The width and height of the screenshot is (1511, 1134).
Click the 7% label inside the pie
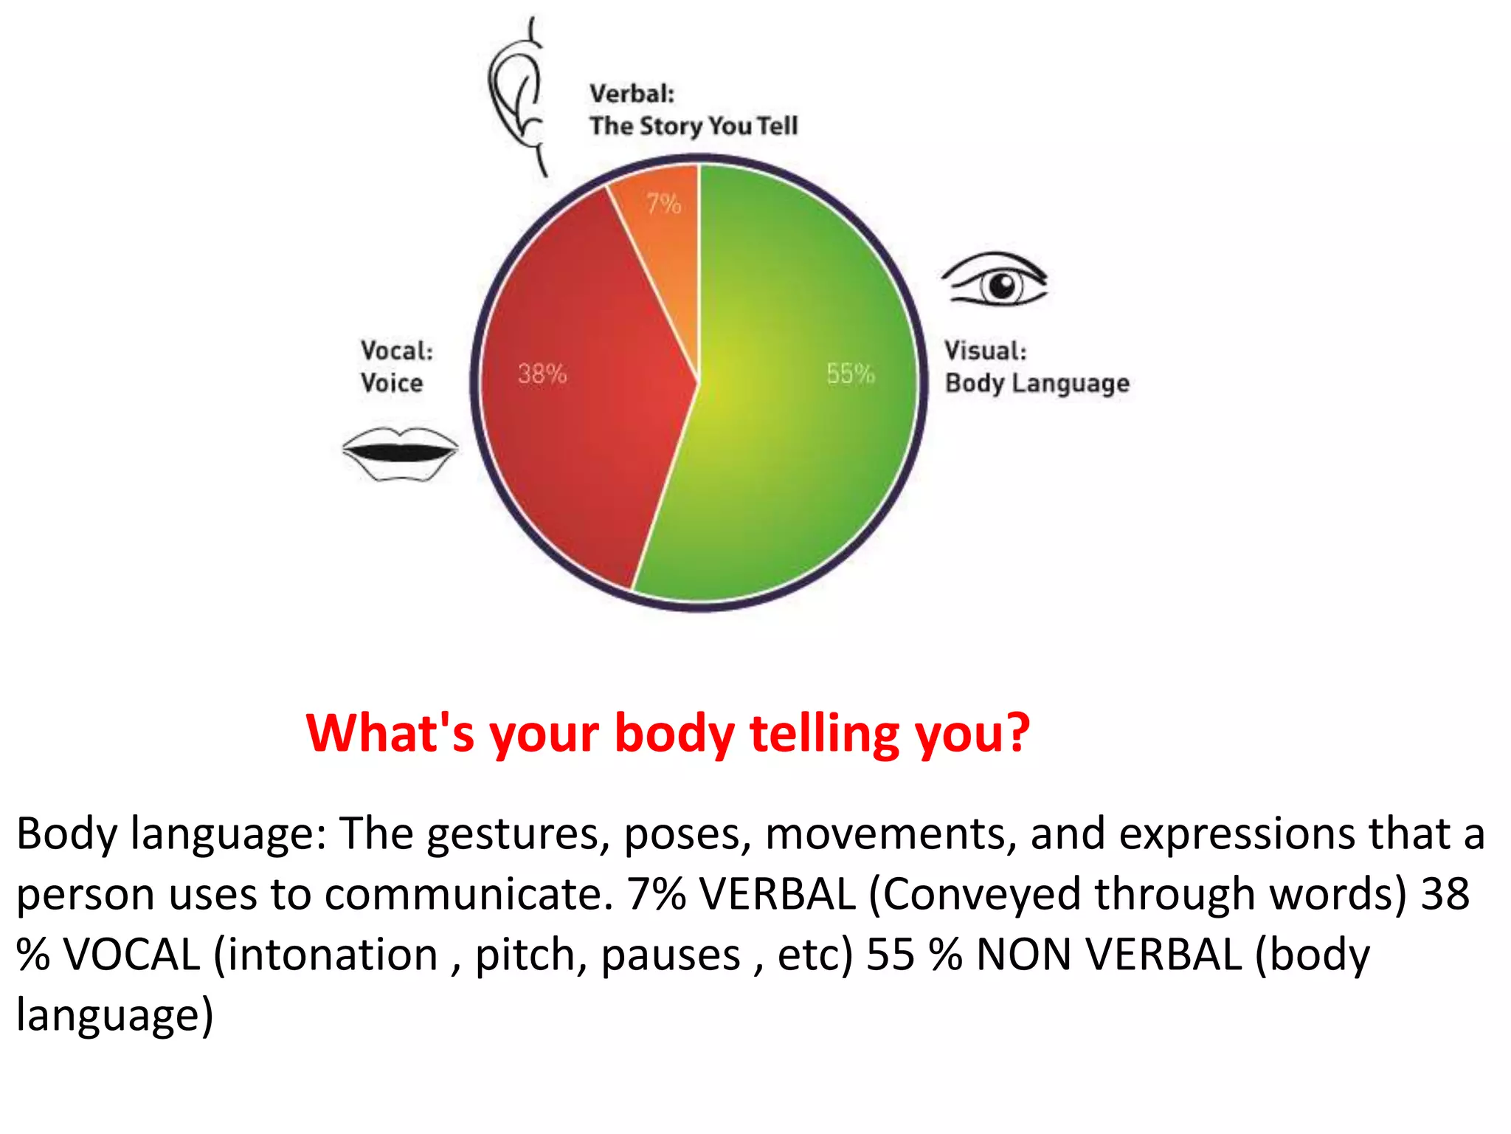(663, 203)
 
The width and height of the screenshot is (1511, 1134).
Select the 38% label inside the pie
(542, 374)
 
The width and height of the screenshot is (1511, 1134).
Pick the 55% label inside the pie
(850, 374)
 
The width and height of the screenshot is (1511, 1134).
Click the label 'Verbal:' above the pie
(632, 94)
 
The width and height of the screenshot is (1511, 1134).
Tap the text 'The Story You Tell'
(694, 126)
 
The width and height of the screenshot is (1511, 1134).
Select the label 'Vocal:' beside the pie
(397, 351)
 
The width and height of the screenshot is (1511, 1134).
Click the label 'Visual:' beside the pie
(986, 351)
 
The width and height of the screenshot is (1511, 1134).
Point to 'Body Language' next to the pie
(1037, 384)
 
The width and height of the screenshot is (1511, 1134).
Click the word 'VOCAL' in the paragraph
(132, 955)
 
